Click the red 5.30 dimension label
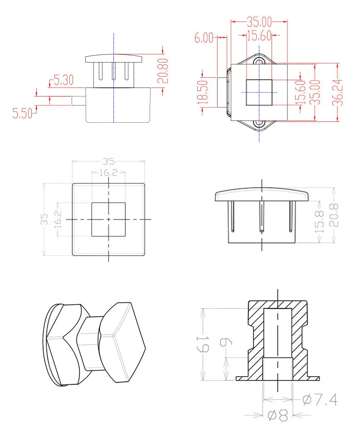click(x=63, y=80)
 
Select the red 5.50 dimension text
click(x=23, y=114)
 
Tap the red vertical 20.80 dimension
click(x=163, y=71)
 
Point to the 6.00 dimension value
click(x=204, y=38)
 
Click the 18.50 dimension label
click(x=204, y=92)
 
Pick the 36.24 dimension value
click(x=338, y=92)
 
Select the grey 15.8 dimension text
click(x=320, y=221)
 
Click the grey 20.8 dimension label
click(x=334, y=215)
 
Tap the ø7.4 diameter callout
click(x=320, y=399)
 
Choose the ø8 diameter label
click(x=278, y=415)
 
